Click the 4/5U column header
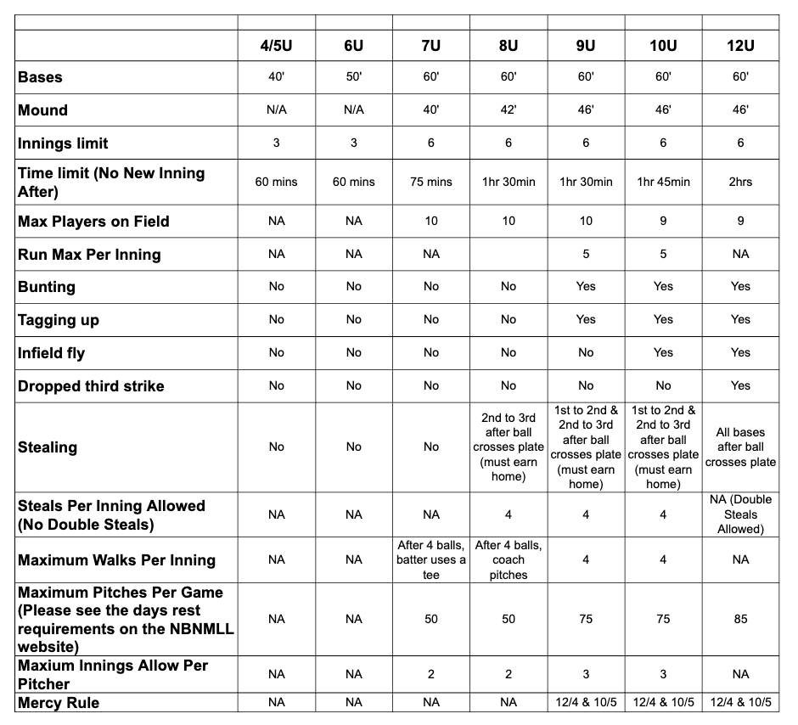277,45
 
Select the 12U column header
740,45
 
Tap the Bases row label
41,77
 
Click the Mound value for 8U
508,110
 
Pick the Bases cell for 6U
354,77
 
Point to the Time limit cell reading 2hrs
740,182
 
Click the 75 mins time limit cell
431,182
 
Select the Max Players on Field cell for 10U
663,222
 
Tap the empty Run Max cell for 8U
508,254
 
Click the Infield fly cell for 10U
663,352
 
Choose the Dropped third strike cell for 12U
740,385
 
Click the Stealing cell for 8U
508,447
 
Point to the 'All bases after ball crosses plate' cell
740,447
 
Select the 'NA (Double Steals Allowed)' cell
740,514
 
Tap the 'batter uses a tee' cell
431,559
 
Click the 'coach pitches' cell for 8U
508,559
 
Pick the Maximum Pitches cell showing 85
740,619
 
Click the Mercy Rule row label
59,703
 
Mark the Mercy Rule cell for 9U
586,703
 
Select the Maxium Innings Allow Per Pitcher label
113,674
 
